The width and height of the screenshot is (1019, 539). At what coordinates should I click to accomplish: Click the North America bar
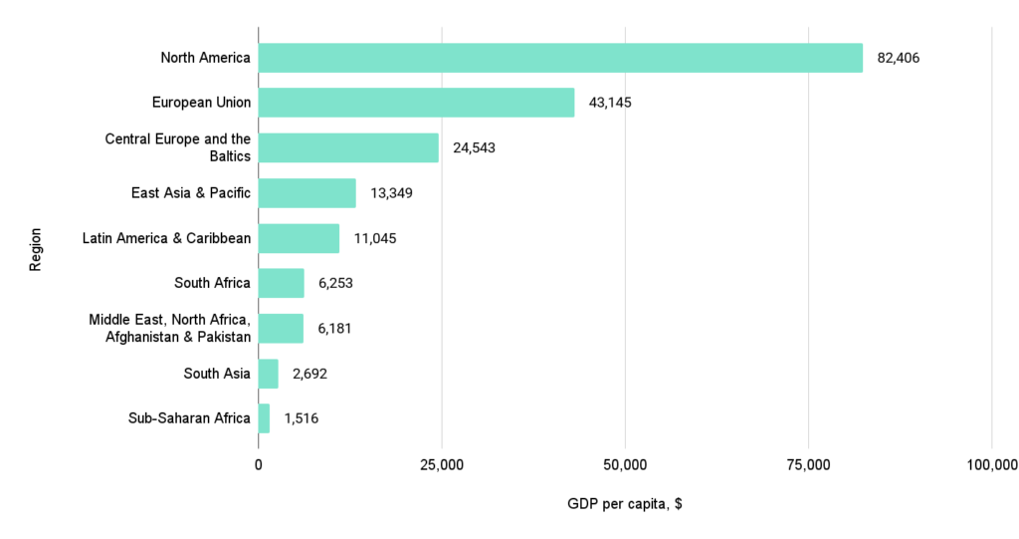coord(560,58)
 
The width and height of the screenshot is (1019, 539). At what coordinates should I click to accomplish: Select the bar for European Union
coord(416,103)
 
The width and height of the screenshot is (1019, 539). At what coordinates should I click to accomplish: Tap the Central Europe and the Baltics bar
coord(348,147)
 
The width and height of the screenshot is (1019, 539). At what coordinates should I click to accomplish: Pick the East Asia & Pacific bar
coord(306,193)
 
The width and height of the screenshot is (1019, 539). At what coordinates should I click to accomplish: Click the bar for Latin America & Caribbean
coord(299,238)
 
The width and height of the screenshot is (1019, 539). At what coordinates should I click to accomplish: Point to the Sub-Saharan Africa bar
coord(264,418)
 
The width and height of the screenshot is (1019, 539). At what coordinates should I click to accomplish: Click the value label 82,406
coord(898,58)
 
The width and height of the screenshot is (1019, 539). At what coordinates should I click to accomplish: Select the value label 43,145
coord(610,103)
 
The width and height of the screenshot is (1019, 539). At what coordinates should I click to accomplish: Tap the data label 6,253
coord(335,283)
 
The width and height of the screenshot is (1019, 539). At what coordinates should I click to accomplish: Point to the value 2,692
coord(309,374)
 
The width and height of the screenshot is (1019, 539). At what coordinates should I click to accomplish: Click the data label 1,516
coord(302,418)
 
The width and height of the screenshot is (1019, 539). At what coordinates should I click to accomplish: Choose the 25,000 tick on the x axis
coord(441,465)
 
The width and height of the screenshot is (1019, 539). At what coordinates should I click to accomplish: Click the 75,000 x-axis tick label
coord(808,465)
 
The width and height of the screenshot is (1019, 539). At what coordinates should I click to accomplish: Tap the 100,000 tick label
coord(991,465)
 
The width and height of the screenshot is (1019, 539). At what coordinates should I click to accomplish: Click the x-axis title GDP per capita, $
coord(624,504)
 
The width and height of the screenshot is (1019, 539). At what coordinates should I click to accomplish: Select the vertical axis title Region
coord(37,248)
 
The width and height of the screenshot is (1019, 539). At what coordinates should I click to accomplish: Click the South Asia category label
coord(217,374)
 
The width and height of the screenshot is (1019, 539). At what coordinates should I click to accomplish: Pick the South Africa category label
coord(212,283)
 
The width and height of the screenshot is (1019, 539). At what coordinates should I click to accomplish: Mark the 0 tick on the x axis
coord(259,465)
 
